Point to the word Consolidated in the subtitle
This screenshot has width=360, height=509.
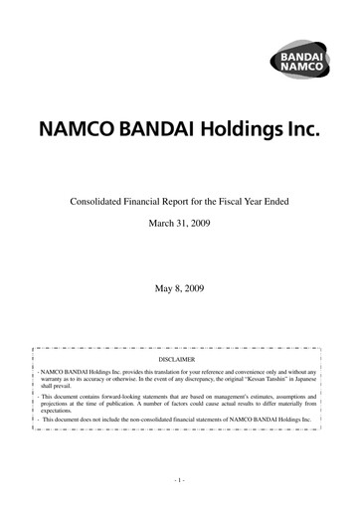pos(101,202)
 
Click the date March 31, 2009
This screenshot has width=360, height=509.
pos(180,224)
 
